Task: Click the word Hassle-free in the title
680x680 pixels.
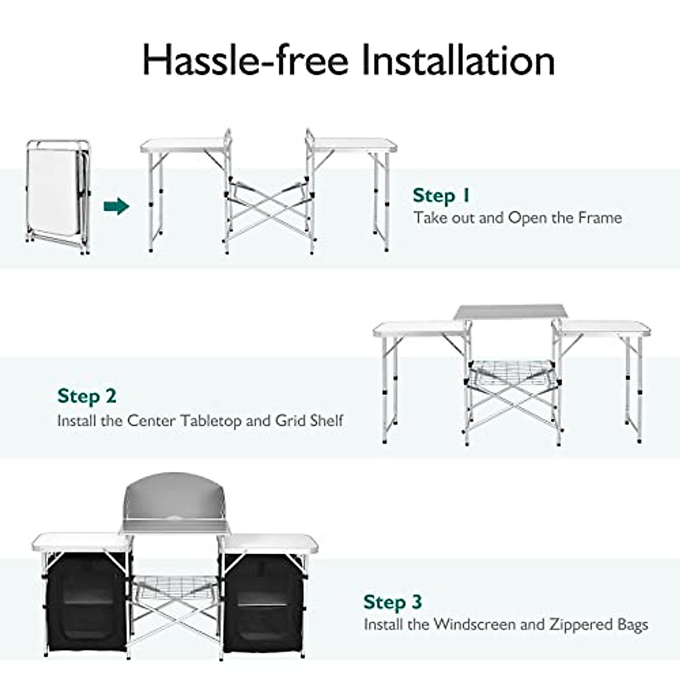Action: pos(244,60)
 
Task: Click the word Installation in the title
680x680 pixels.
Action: pos(458,60)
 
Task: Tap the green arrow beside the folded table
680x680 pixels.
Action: pos(116,206)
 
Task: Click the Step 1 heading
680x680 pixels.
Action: pos(441,195)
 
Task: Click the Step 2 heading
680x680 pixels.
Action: pos(87,396)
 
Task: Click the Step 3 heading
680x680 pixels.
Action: pos(393,602)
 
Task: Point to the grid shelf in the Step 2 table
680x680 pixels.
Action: pos(511,371)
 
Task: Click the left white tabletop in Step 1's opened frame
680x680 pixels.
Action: pos(182,146)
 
